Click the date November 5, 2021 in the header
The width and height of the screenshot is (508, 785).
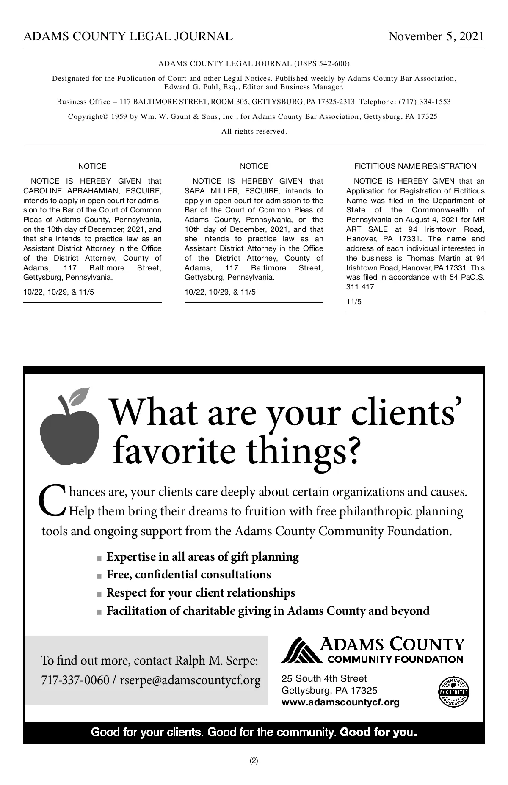(436, 36)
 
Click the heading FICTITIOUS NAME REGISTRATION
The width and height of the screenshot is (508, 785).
(415, 166)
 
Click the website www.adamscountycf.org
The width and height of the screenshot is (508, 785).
(340, 702)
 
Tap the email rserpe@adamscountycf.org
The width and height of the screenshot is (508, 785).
(190, 680)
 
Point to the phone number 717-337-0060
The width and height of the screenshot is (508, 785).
(75, 680)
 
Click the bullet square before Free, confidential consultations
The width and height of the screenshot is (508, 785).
(99, 576)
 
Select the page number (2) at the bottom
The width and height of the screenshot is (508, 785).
(254, 760)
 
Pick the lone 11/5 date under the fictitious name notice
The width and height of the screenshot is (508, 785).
(354, 302)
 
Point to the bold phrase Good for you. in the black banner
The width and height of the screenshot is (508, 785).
(378, 732)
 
